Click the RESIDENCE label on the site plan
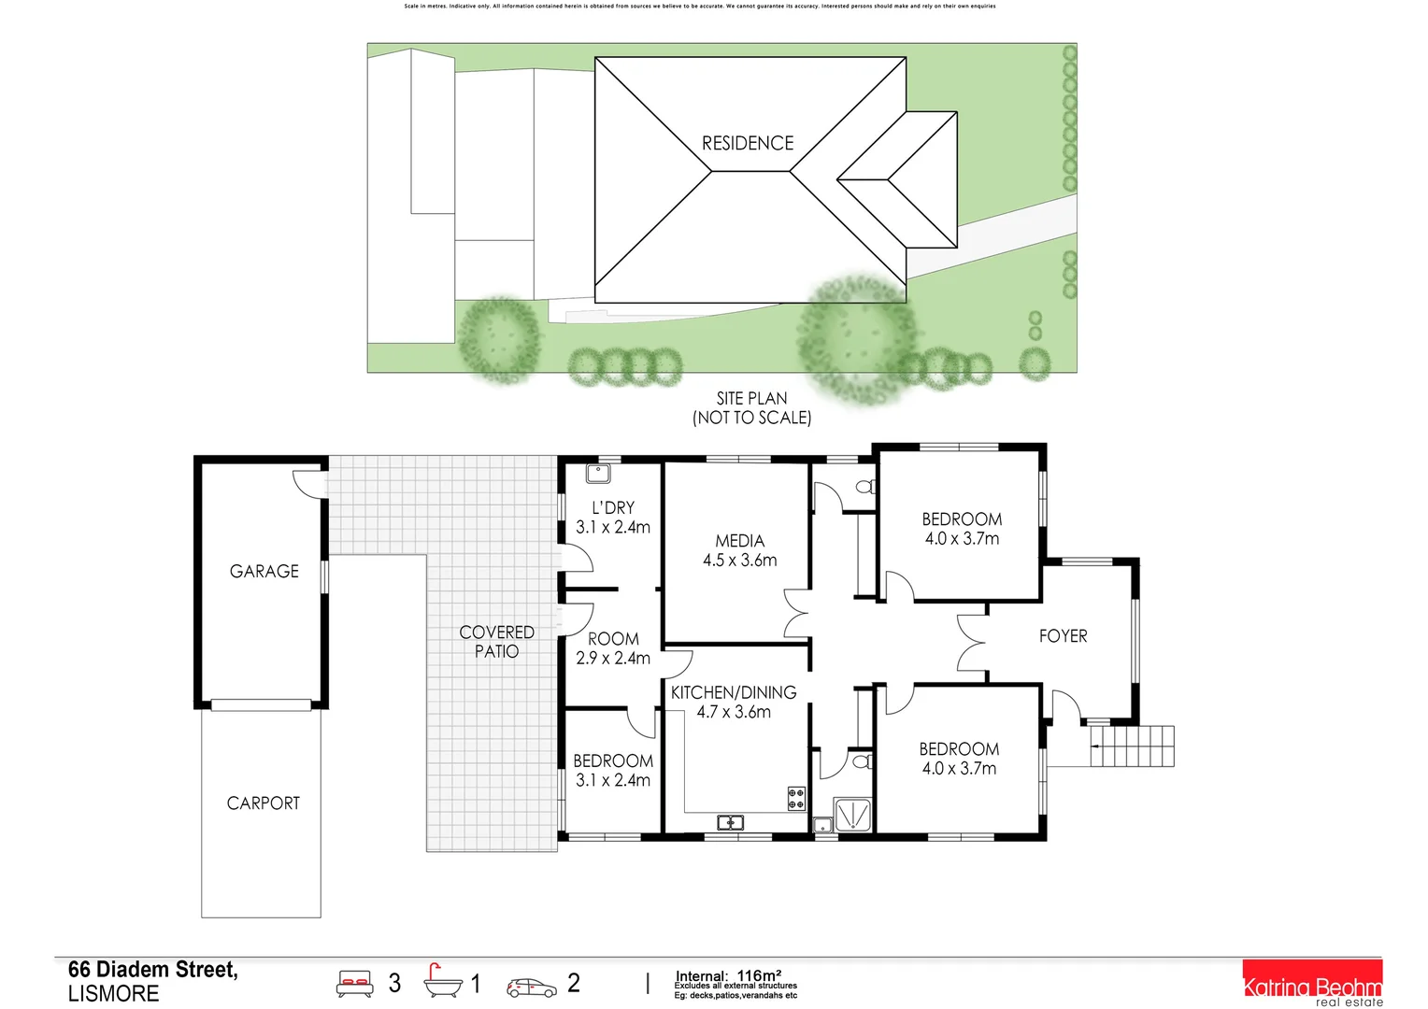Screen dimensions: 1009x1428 (748, 143)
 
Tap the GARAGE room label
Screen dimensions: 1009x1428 (264, 571)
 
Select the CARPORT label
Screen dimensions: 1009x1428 (264, 803)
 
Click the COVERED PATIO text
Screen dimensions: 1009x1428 (496, 642)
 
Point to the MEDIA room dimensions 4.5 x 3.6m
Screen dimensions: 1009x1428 (739, 561)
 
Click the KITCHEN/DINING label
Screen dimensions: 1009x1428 (734, 692)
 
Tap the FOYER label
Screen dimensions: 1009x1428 (1063, 636)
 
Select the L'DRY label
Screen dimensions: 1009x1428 (613, 507)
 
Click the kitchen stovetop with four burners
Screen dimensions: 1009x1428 (796, 798)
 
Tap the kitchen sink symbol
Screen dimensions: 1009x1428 (730, 822)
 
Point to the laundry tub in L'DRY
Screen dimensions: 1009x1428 (597, 474)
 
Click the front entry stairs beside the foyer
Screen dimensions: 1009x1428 (1132, 746)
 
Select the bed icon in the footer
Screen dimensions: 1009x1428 (355, 983)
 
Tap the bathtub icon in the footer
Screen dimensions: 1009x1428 (442, 982)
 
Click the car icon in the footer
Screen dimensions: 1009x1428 (532, 987)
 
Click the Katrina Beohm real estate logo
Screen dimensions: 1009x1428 (1312, 985)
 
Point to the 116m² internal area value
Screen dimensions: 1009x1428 (758, 975)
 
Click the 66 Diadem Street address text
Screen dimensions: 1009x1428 (152, 970)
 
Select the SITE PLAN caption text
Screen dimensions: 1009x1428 (751, 399)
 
